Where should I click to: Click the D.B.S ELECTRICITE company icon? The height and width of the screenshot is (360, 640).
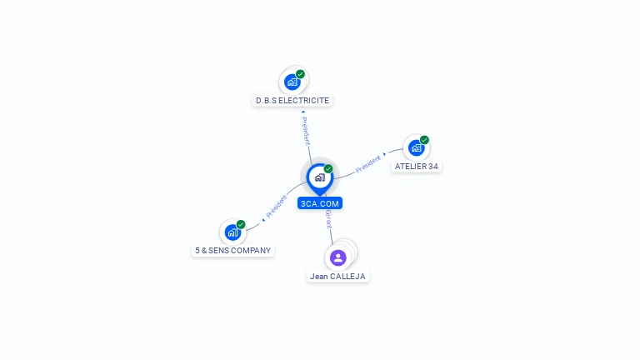pyautogui.click(x=292, y=82)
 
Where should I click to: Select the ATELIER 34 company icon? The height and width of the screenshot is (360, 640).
pyautogui.click(x=416, y=148)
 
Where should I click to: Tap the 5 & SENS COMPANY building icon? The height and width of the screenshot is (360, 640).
pyautogui.click(x=232, y=232)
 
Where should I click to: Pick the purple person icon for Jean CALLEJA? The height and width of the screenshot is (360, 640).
pyautogui.click(x=337, y=257)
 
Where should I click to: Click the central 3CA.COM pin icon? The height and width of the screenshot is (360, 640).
pyautogui.click(x=319, y=177)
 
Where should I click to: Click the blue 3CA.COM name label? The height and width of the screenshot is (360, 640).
pyautogui.click(x=320, y=203)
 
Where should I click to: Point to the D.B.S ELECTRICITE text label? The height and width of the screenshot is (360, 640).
pyautogui.click(x=292, y=101)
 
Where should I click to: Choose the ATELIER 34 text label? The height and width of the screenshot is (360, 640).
pyautogui.click(x=416, y=167)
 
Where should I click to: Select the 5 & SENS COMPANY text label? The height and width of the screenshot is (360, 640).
pyautogui.click(x=232, y=250)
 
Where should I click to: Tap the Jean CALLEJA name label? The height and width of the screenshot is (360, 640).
pyautogui.click(x=337, y=276)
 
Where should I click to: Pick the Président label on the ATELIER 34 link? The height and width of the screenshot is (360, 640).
pyautogui.click(x=367, y=163)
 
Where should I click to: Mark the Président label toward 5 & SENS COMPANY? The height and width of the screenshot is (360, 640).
pyautogui.click(x=276, y=206)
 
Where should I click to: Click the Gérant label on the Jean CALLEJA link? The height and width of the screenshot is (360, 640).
pyautogui.click(x=328, y=219)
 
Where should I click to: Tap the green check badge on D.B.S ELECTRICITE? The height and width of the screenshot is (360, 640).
pyautogui.click(x=300, y=74)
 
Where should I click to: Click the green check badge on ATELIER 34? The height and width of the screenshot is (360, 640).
pyautogui.click(x=424, y=140)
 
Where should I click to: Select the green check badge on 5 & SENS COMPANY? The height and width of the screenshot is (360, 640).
pyautogui.click(x=241, y=224)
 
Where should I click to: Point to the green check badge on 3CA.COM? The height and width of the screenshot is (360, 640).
pyautogui.click(x=328, y=169)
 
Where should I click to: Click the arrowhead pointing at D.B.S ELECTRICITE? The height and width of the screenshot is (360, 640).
pyautogui.click(x=302, y=111)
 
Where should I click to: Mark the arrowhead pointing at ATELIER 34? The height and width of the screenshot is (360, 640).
pyautogui.click(x=384, y=155)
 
